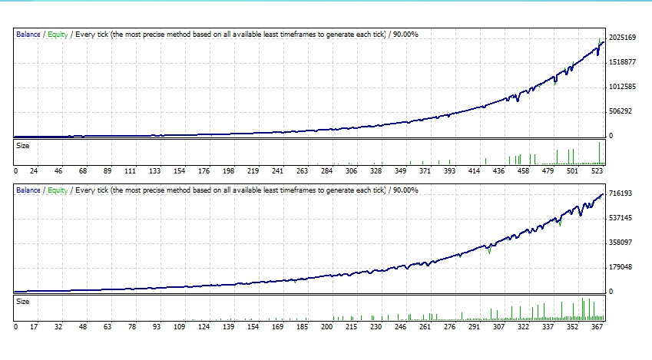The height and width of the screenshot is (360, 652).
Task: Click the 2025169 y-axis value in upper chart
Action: [x=622, y=38]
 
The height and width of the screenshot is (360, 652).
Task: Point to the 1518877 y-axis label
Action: [x=622, y=62]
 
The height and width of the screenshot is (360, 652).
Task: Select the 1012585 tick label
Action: [x=622, y=87]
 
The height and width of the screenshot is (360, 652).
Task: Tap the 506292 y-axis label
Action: [x=620, y=111]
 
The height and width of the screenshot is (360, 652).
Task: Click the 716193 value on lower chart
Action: [x=620, y=193]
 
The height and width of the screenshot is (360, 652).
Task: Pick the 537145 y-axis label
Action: [x=620, y=218]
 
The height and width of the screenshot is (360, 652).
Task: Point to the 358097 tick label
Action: [x=620, y=243]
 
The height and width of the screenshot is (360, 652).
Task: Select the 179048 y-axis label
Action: [x=620, y=267]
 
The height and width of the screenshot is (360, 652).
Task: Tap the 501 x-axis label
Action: [x=572, y=171]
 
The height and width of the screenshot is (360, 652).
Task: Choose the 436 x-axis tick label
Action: [x=499, y=171]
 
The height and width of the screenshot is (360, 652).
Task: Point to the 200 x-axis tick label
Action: [x=327, y=327]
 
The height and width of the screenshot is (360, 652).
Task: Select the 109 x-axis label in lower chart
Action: [x=180, y=327]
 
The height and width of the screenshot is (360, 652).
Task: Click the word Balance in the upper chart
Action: [x=28, y=35]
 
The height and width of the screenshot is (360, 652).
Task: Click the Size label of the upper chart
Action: [x=23, y=144]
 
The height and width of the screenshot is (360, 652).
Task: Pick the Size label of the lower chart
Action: [x=23, y=301]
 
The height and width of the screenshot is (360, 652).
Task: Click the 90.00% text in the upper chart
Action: [x=405, y=35]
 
